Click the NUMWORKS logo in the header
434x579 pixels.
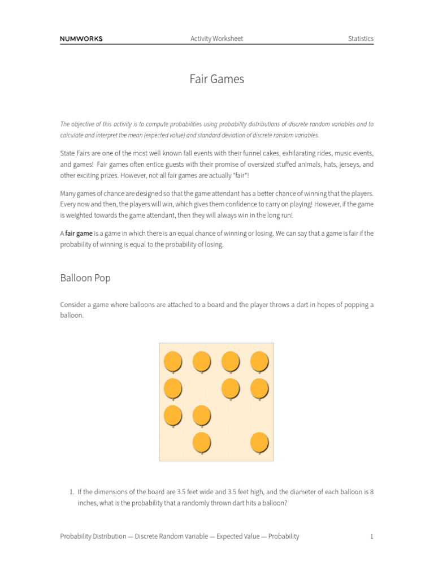[81, 39]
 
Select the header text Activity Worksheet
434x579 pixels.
[216, 39]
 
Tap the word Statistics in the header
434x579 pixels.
[361, 39]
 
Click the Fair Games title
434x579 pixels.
[217, 79]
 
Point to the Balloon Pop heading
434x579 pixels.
[85, 278]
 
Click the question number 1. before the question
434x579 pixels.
[72, 492]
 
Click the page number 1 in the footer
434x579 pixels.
[371, 536]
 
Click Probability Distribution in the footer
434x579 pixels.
[93, 536]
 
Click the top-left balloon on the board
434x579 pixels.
[173, 360]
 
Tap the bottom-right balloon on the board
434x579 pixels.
[259, 442]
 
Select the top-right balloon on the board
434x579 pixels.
[259, 360]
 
